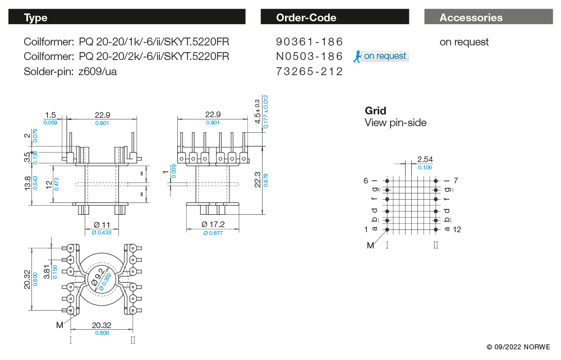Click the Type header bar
point(127,17)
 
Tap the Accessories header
point(488,17)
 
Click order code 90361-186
point(309,42)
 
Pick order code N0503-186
point(309,57)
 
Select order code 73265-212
point(309,72)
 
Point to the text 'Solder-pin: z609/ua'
point(70,72)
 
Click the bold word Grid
point(375,110)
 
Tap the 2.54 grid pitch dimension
point(425,160)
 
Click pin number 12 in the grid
point(457,229)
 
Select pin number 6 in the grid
point(366,181)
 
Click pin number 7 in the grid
point(456,181)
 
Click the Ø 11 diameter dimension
point(102,224)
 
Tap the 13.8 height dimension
point(29,183)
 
